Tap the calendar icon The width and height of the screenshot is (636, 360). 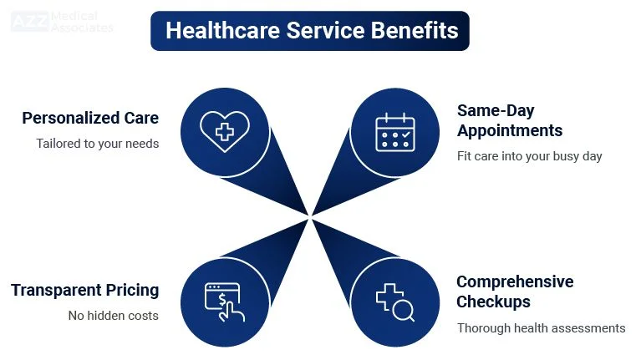coord(395,132)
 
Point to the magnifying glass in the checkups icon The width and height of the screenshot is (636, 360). coord(404,311)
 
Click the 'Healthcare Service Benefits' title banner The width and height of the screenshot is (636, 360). coord(310,31)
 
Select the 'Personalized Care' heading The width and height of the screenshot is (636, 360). coord(90,118)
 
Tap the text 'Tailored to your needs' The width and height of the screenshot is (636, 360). coord(97,144)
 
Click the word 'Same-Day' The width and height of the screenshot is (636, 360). coord(496,110)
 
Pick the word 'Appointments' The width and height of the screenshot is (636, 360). coord(510,130)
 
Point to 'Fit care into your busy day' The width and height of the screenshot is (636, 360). coord(529,156)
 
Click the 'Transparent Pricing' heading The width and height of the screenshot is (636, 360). coord(84,291)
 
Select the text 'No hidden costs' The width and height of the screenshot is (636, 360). coord(113,316)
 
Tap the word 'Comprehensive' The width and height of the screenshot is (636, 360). coord(515,281)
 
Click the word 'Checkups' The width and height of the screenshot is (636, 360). coord(493,302)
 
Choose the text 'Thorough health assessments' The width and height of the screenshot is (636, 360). coord(541,328)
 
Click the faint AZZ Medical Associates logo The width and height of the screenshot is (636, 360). coord(62,22)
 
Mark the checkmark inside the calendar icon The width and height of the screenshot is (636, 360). coord(406,134)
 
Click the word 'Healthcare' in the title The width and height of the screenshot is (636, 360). coord(222,31)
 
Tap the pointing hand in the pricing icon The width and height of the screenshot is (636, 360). coord(232,311)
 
